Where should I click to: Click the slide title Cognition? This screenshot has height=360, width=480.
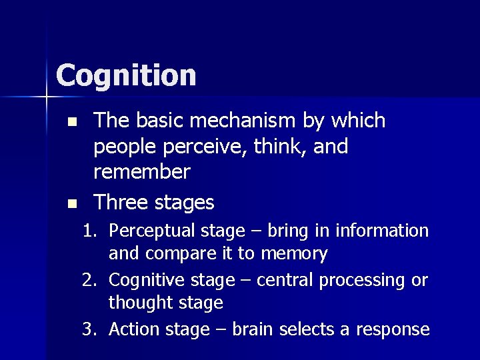click(x=126, y=75)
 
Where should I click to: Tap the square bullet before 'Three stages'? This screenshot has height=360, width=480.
click(x=73, y=203)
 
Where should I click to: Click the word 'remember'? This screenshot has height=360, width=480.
click(x=142, y=172)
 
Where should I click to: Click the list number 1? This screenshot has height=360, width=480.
click(x=89, y=231)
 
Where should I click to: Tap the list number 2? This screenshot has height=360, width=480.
click(x=89, y=281)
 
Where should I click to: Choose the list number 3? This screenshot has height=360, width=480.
click(x=89, y=329)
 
